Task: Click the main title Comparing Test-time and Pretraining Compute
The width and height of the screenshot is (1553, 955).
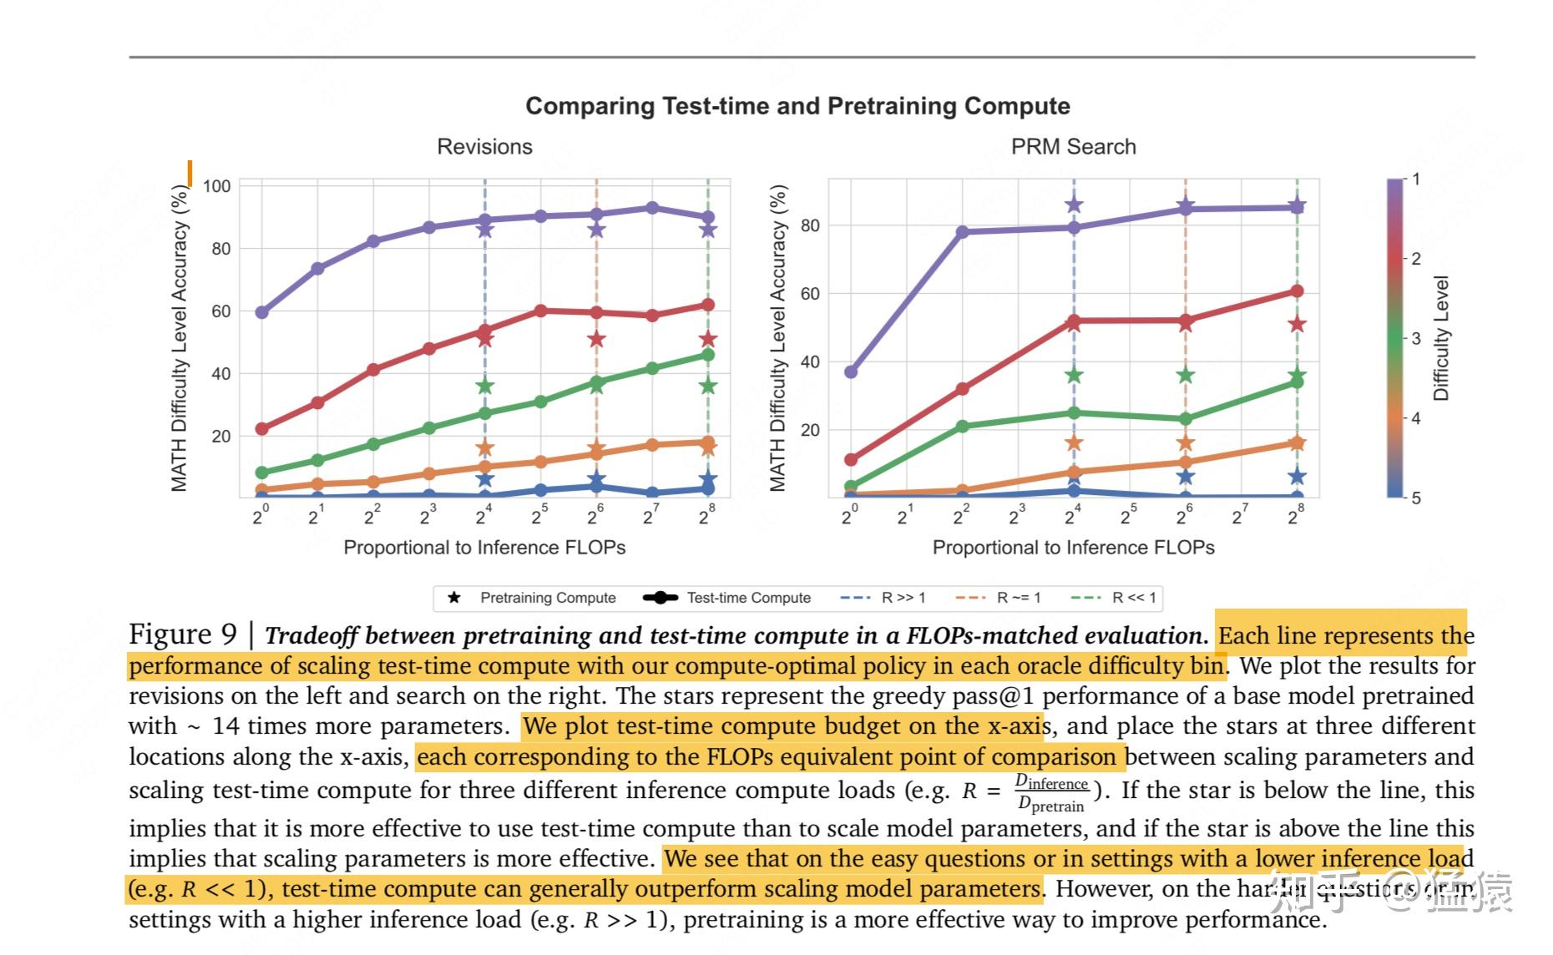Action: pyautogui.click(x=797, y=106)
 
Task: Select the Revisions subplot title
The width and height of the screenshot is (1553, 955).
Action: pyautogui.click(x=484, y=147)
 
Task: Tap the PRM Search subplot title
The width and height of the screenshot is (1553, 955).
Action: pyautogui.click(x=1073, y=147)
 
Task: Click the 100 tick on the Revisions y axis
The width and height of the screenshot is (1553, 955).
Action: pyautogui.click(x=217, y=186)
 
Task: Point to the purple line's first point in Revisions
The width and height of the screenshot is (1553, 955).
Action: pyautogui.click(x=262, y=312)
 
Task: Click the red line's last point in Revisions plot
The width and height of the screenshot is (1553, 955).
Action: pyautogui.click(x=708, y=305)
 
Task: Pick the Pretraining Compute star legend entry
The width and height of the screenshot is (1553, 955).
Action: pyautogui.click(x=534, y=598)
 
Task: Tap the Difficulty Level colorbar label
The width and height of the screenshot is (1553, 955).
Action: pyautogui.click(x=1441, y=338)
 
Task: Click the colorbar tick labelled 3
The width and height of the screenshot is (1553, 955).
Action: pyautogui.click(x=1416, y=338)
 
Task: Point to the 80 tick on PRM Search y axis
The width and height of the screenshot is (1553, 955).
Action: pyautogui.click(x=810, y=225)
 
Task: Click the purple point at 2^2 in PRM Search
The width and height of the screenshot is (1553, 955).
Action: pyautogui.click(x=963, y=232)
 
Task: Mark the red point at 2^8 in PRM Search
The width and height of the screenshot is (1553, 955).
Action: pyautogui.click(x=1297, y=291)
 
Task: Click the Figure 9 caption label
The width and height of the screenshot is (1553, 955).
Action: pyautogui.click(x=183, y=634)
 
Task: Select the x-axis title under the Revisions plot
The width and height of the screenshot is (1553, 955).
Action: pyautogui.click(x=484, y=548)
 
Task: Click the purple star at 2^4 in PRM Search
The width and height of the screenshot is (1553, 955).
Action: pyautogui.click(x=1075, y=205)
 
